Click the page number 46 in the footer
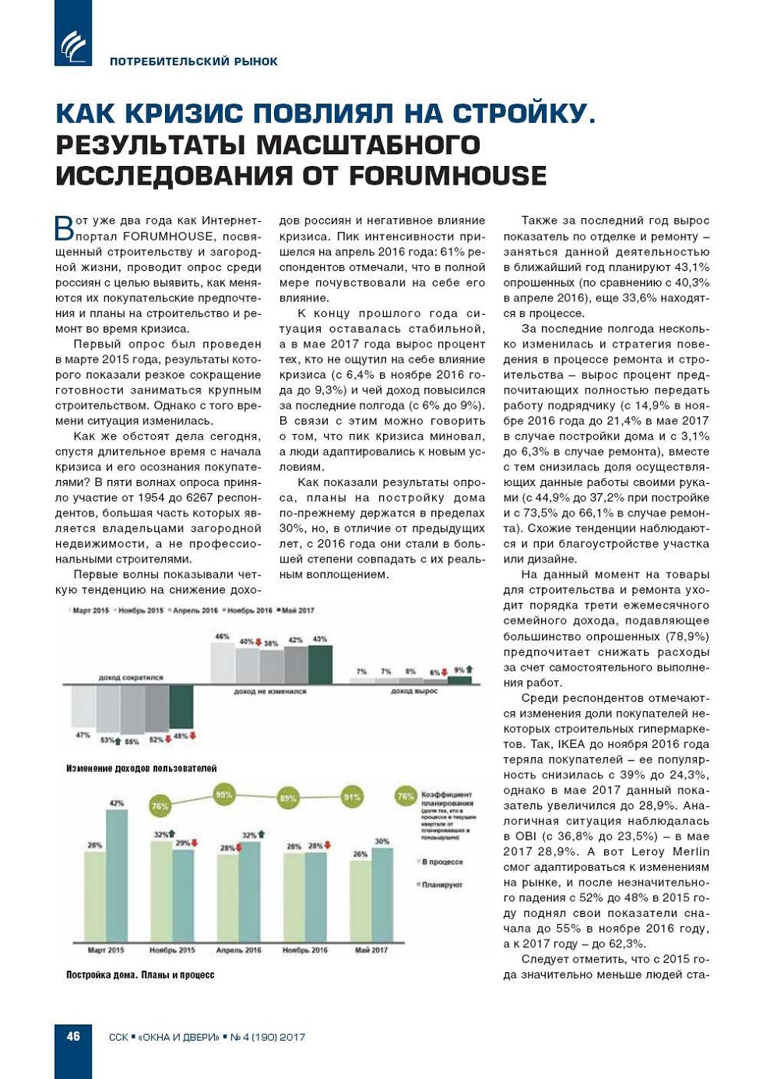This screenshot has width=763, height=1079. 73,1036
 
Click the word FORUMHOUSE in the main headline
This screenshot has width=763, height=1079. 447,175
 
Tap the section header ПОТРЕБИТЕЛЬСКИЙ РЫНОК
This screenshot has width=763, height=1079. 193,62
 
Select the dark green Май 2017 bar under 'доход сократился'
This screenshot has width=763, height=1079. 181,707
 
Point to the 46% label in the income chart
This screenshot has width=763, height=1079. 222,636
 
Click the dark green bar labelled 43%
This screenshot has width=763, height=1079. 320,664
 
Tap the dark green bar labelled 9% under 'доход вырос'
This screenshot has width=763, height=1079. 459,680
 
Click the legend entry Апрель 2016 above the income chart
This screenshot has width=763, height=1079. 195,611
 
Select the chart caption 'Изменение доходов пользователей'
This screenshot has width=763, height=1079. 141,768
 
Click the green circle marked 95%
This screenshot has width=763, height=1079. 224,795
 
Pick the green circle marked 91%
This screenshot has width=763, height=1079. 352,797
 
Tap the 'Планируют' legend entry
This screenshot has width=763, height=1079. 441,884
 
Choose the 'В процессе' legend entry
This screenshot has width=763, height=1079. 441,862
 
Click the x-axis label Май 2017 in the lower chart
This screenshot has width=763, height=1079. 371,950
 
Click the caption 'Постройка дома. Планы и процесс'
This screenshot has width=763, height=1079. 140,975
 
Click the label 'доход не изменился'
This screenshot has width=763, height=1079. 270,691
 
